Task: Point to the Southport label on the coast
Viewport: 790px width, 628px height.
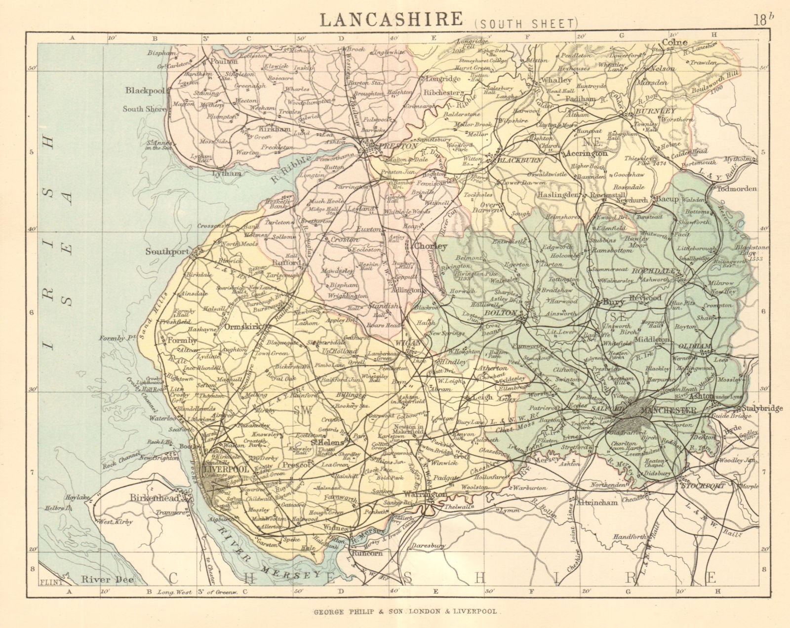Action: pos(168,251)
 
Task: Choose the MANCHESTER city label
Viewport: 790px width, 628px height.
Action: pos(668,410)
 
